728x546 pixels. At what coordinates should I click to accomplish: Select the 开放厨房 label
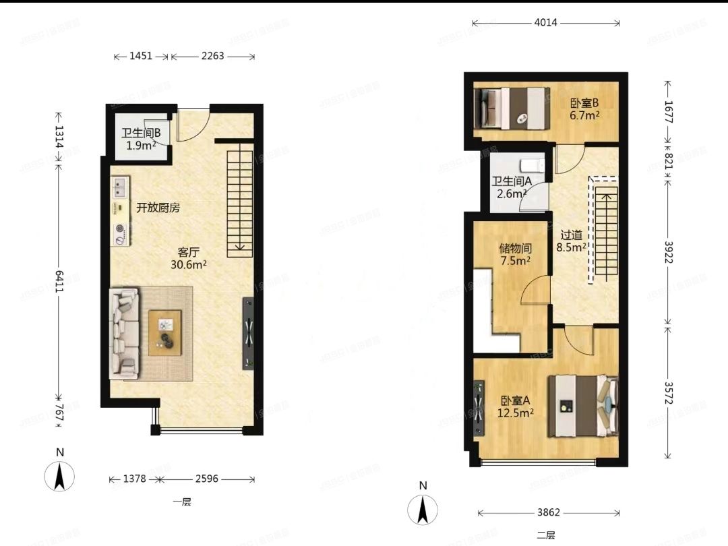click(158, 208)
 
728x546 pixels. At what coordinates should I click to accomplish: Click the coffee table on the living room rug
click(165, 332)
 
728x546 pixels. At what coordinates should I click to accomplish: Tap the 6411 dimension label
click(59, 277)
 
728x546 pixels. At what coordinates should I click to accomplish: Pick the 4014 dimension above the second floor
click(545, 23)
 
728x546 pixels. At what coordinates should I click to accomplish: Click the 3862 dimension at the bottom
click(547, 512)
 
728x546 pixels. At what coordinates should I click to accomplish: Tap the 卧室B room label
click(584, 103)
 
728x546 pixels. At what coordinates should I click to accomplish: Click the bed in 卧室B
click(510, 107)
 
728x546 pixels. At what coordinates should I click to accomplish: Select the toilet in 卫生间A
click(533, 165)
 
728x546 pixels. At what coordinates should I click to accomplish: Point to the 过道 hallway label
click(571, 235)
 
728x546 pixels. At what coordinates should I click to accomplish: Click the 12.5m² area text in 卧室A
click(516, 413)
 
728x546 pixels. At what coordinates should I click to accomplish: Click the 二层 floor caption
click(546, 535)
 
